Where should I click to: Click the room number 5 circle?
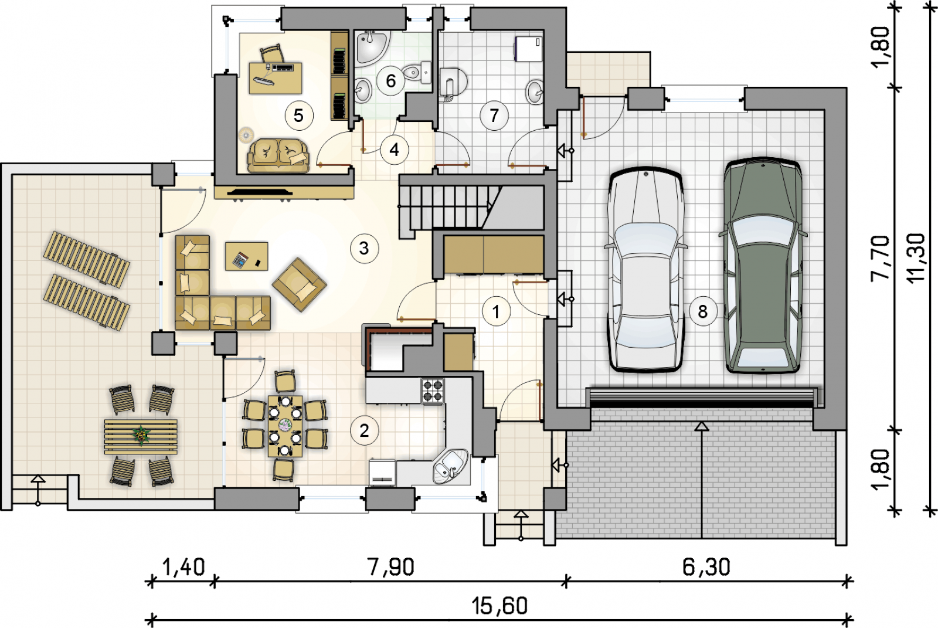click(x=299, y=115)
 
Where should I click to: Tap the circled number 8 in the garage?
click(x=703, y=311)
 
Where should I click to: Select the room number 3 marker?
click(x=364, y=249)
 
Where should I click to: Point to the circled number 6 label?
click(x=390, y=81)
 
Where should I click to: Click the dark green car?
click(x=763, y=266)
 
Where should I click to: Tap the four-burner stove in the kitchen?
click(x=433, y=391)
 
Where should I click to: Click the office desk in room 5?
click(x=275, y=78)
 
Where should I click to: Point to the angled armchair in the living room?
click(x=300, y=284)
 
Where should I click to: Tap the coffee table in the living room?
click(x=247, y=256)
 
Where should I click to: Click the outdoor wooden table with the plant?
click(x=141, y=436)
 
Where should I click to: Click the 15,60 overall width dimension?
click(x=499, y=606)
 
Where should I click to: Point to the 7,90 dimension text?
click(x=390, y=567)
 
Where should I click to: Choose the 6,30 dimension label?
click(x=706, y=567)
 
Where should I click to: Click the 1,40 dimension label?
click(x=183, y=567)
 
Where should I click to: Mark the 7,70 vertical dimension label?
click(x=880, y=258)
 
